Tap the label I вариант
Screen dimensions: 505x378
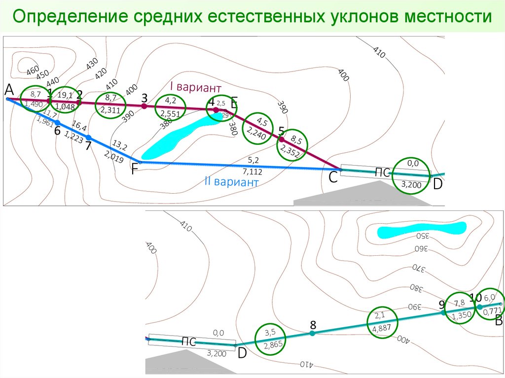point(195,87)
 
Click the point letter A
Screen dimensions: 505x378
point(9,89)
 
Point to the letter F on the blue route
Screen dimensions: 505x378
point(135,170)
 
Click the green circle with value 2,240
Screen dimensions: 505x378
point(258,129)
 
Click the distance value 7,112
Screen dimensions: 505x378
point(252,172)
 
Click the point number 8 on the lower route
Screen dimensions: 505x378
point(313,325)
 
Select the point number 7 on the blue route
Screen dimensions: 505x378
point(88,146)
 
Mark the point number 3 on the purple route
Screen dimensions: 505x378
point(144,97)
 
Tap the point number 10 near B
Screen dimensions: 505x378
point(475,297)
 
